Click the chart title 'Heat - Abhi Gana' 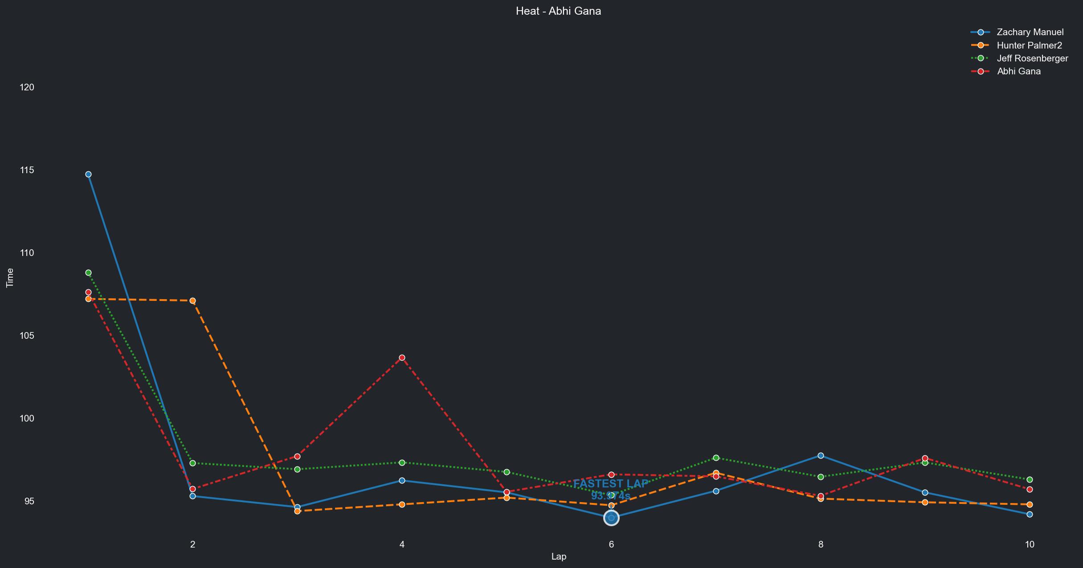point(558,11)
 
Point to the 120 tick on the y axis point(27,87)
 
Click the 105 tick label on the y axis point(27,335)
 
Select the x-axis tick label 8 point(821,544)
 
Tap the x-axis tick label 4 point(402,544)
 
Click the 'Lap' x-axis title point(559,556)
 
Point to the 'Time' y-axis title point(10,278)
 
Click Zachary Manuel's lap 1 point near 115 point(88,174)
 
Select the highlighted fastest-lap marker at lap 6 point(611,518)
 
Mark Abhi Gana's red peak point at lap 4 point(402,357)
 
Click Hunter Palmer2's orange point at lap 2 point(192,301)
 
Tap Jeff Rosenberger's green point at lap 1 point(88,272)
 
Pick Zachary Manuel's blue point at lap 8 point(821,456)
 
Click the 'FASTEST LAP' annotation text point(610,484)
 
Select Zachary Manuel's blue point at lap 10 point(1030,514)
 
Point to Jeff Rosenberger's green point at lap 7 point(716,458)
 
